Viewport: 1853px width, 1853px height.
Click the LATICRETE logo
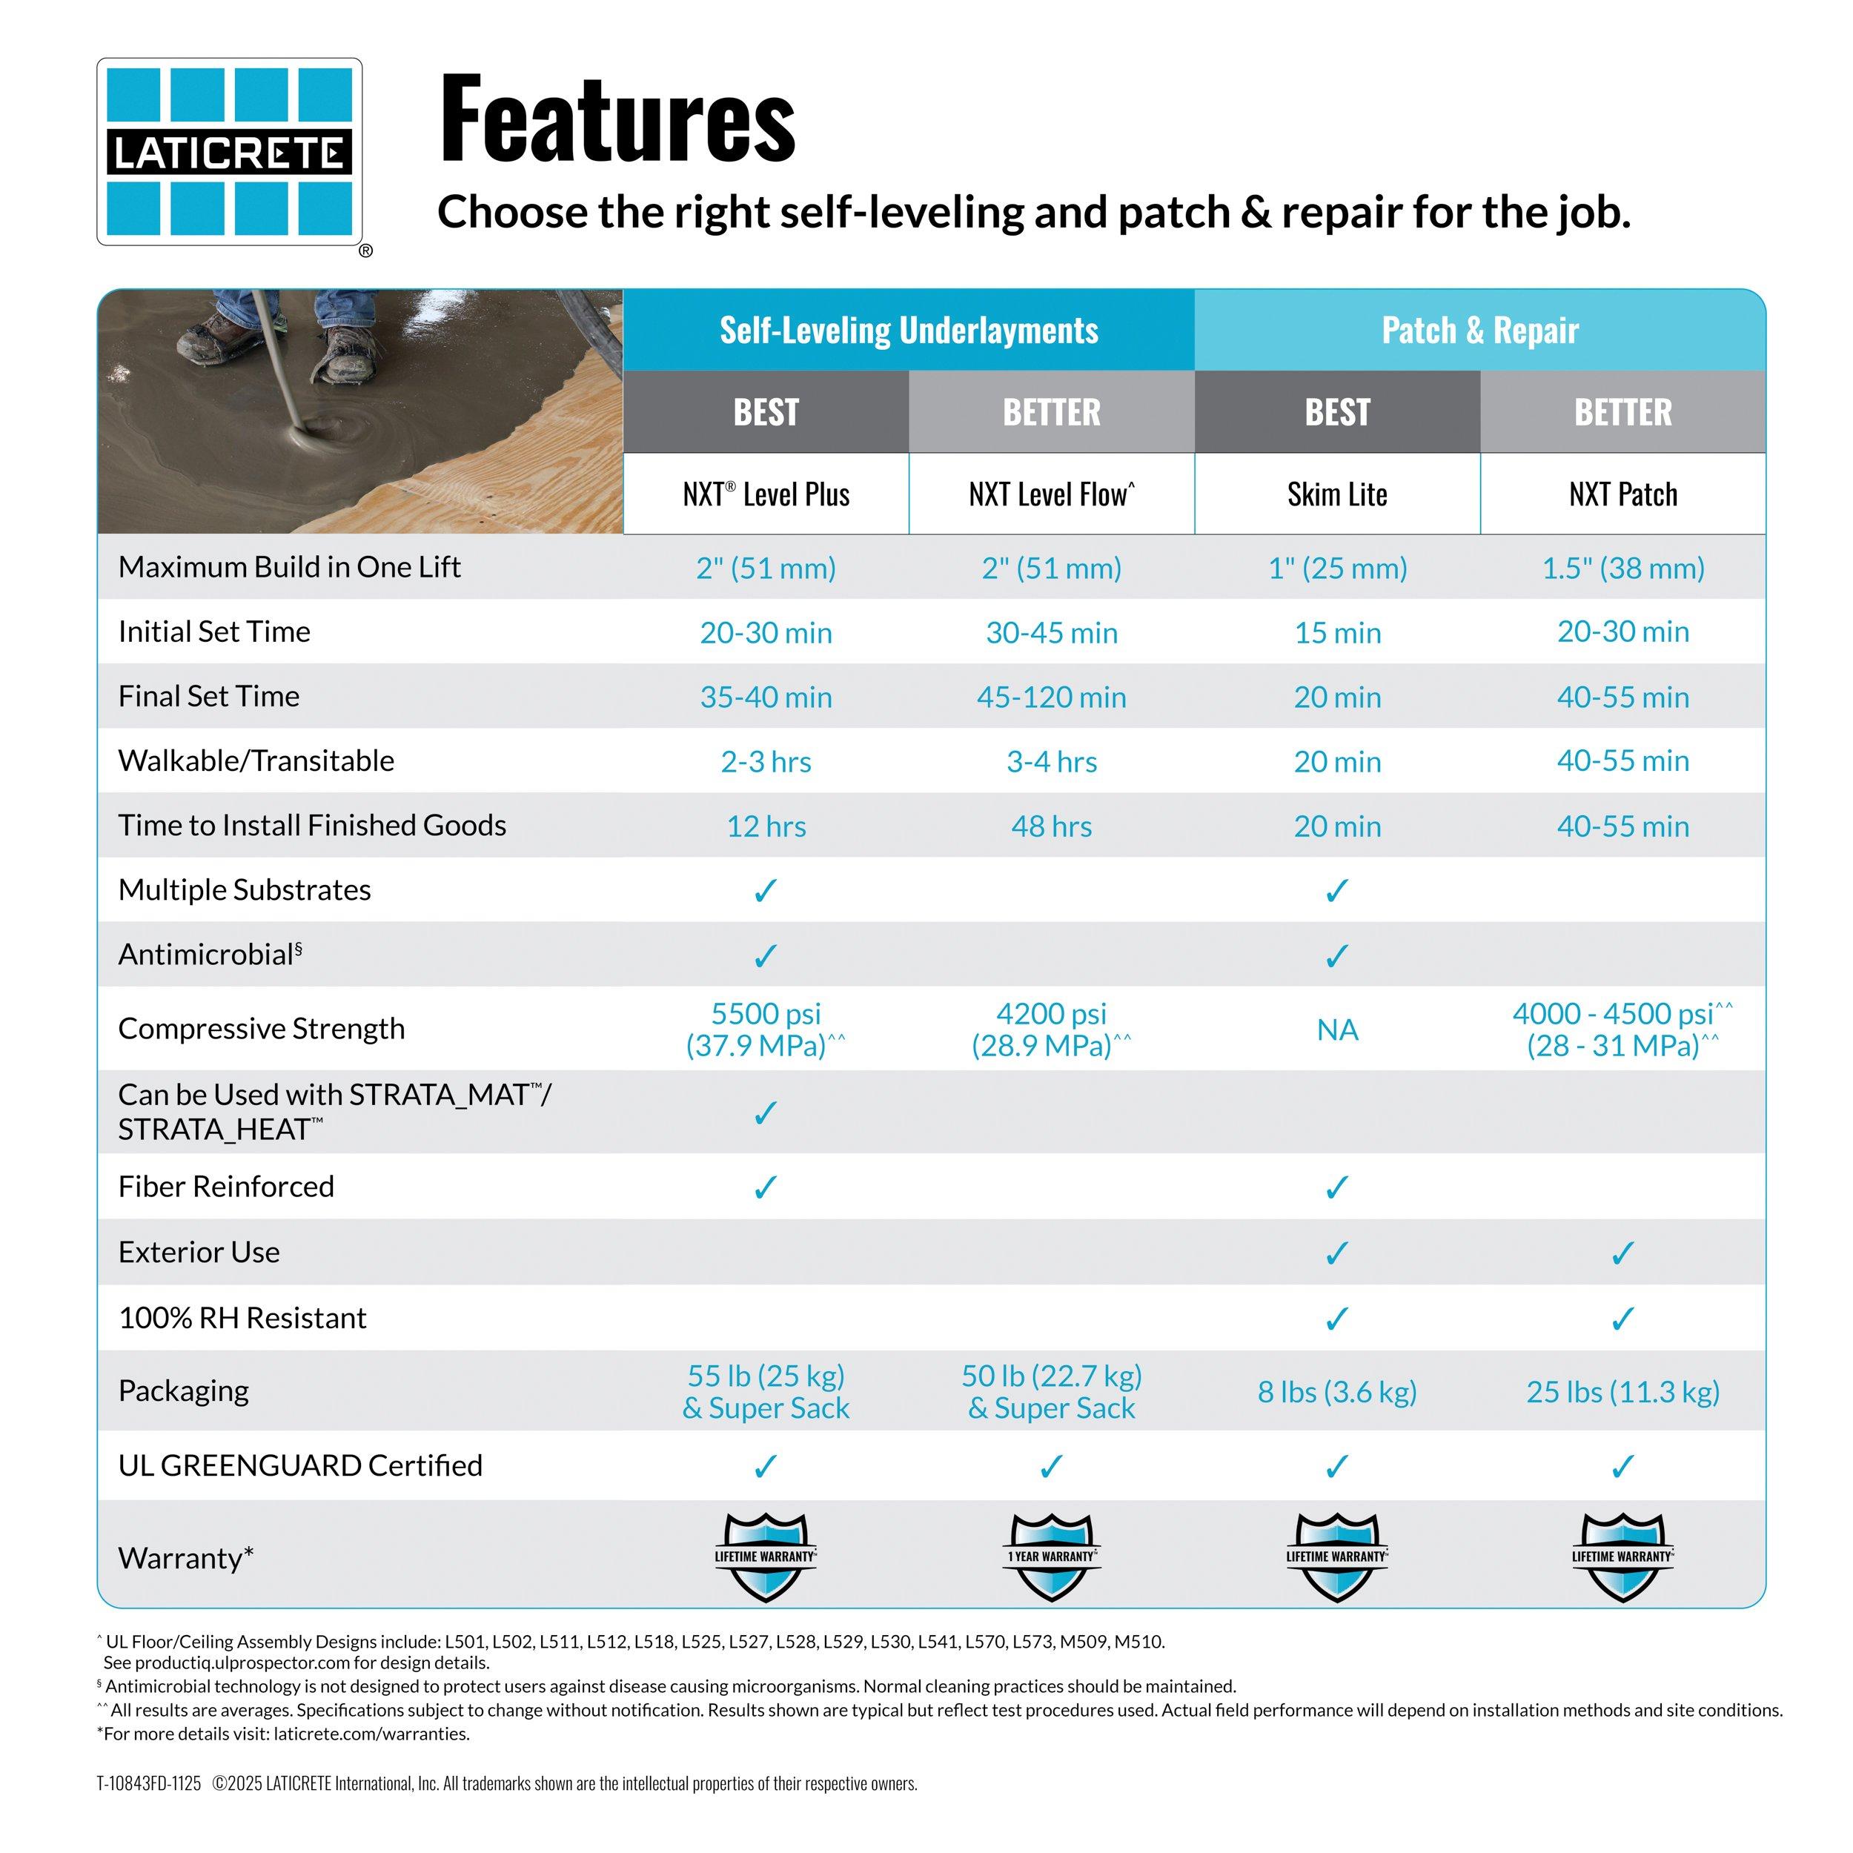pos(229,151)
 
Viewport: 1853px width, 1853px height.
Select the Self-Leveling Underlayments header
pos(908,330)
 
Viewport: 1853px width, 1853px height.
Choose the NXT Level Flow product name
pos(1051,494)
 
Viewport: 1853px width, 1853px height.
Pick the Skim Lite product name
pos(1337,494)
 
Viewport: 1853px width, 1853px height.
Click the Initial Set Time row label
pos(214,631)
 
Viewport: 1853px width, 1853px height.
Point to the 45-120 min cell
pos(1051,697)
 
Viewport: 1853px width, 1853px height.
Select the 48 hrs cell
pos(1051,826)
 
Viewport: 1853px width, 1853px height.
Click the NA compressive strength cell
pos(1337,1029)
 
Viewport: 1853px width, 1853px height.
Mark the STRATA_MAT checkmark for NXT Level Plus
pos(766,1113)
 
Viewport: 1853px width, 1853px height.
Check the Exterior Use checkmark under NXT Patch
pos(1622,1253)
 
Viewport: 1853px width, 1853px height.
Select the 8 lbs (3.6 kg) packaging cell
pos(1337,1392)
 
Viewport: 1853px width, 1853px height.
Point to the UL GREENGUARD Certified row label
pos(300,1465)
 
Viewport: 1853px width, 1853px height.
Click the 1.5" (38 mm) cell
pos(1622,568)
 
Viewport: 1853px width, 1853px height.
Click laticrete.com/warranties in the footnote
pos(371,1734)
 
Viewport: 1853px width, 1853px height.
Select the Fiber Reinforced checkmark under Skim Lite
pos(1337,1187)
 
